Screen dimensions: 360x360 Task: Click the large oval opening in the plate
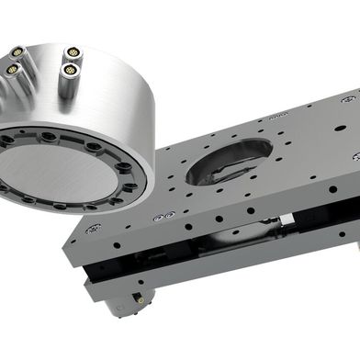coord(228,162)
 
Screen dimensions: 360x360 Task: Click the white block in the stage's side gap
coord(287,219)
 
